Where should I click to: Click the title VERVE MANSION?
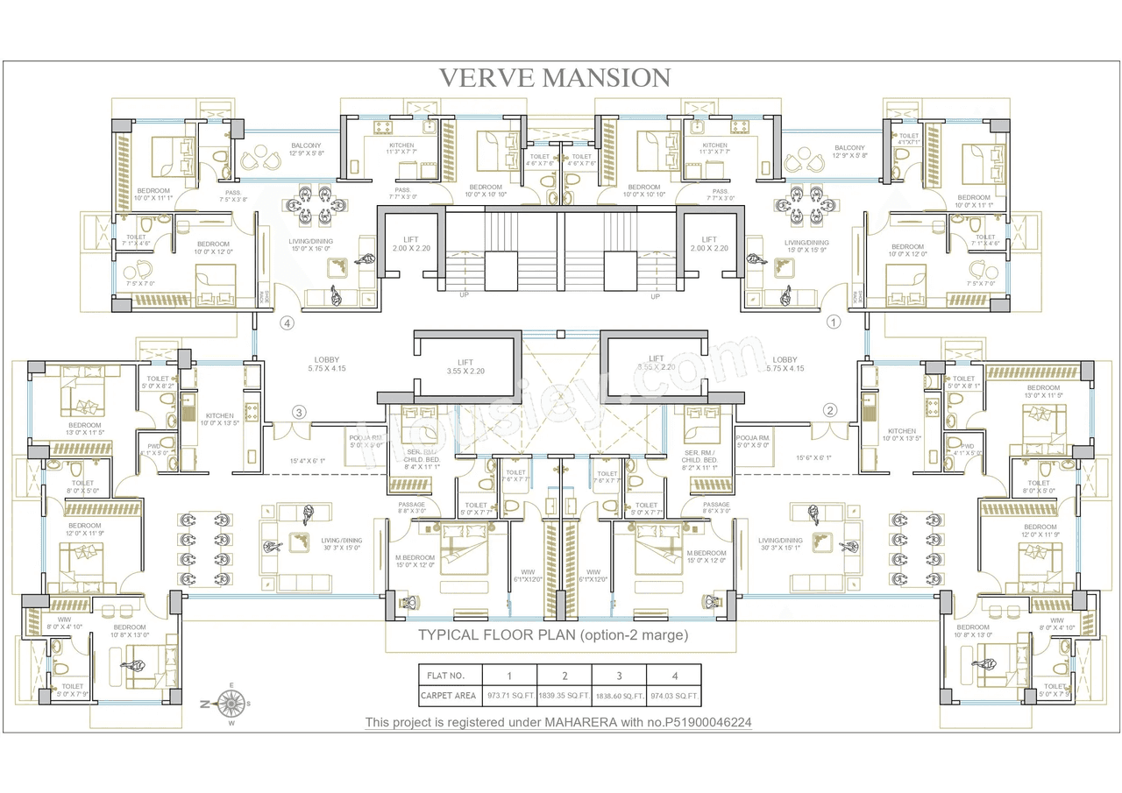[554, 77]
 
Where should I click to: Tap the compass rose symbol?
[231, 702]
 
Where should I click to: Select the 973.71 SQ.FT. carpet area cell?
[508, 697]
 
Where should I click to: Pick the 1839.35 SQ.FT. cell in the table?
[565, 697]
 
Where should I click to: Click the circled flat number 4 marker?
[287, 322]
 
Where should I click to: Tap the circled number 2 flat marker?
[830, 409]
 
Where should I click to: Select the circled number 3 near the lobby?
[299, 412]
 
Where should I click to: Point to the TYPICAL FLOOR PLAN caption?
[553, 635]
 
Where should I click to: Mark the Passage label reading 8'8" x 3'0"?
[412, 508]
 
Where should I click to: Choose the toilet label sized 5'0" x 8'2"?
[159, 382]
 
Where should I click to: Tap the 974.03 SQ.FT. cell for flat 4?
[674, 697]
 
